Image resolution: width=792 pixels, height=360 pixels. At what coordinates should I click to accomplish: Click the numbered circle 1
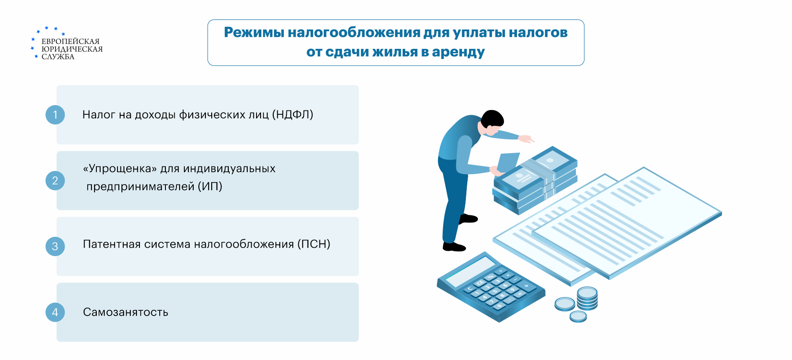[55, 115]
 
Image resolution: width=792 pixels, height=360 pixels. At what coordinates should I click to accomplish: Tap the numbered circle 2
[55, 180]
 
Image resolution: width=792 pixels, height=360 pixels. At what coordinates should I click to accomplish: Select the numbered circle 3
[55, 246]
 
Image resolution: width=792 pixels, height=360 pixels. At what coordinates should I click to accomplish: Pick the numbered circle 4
[55, 312]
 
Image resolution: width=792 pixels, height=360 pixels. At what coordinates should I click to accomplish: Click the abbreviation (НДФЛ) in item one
[293, 115]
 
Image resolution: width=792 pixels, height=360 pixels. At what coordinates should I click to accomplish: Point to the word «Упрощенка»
[120, 169]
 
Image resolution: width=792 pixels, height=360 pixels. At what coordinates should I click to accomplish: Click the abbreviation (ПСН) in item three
[314, 244]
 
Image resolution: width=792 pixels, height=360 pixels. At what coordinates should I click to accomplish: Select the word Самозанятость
[125, 312]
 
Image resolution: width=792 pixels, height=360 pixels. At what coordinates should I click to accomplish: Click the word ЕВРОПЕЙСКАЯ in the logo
[70, 41]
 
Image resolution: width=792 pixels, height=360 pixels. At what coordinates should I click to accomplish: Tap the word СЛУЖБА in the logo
[58, 57]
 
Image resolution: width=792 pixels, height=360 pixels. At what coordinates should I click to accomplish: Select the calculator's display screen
[470, 271]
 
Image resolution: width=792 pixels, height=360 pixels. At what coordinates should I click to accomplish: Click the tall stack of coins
[587, 298]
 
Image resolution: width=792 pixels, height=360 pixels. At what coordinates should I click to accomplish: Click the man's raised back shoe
[468, 218]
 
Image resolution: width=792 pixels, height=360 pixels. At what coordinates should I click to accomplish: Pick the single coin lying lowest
[578, 316]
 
